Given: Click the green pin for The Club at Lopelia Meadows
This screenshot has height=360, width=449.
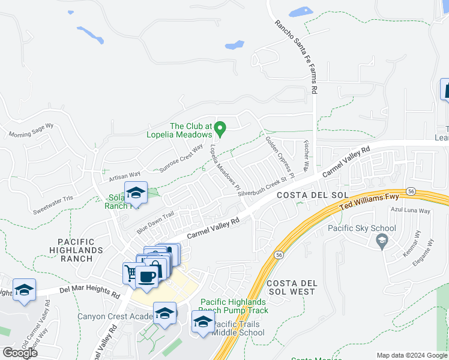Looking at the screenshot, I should click(220, 128).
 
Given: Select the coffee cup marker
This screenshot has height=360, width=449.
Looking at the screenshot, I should click(147, 277).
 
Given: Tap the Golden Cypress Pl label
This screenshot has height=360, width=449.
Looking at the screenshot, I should click(279, 158).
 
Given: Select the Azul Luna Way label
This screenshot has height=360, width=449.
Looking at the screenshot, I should click(410, 211).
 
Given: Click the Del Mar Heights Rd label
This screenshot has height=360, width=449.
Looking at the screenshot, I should click(90, 292).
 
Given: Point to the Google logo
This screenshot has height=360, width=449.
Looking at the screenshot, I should click(20, 352).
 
